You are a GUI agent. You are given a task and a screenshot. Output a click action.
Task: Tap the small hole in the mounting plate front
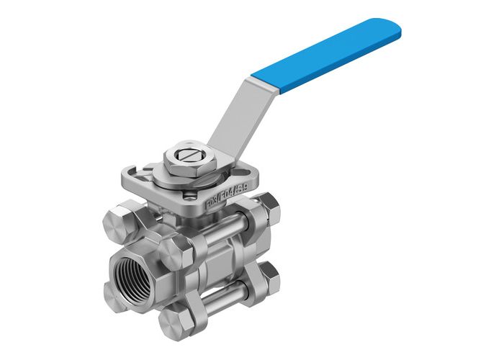(x=191, y=192)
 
